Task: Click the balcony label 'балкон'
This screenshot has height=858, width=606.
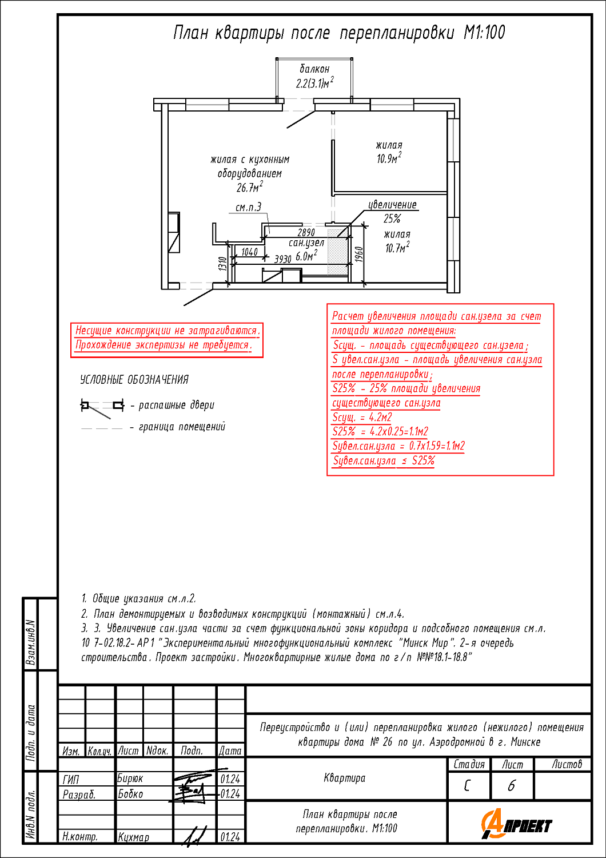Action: (x=314, y=69)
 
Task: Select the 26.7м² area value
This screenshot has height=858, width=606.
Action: (x=250, y=187)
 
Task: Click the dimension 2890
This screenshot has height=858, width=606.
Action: (x=306, y=232)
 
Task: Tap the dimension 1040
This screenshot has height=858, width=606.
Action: (x=249, y=252)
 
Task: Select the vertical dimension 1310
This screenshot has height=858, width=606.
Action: (x=222, y=264)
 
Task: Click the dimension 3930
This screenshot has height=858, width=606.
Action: (x=283, y=259)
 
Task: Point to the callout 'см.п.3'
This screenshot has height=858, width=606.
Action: (x=249, y=207)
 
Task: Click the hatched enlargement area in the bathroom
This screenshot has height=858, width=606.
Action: (x=337, y=252)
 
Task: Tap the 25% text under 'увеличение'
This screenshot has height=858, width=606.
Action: (x=392, y=219)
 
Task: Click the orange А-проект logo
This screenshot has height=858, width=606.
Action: (x=516, y=825)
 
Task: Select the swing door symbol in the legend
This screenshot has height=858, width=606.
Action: (x=102, y=406)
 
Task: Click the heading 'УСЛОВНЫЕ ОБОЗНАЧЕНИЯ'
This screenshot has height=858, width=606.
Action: (x=134, y=380)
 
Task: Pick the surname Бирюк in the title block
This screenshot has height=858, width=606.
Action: (x=130, y=778)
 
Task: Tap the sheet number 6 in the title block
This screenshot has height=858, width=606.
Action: (x=511, y=786)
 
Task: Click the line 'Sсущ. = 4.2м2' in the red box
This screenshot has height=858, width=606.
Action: (x=362, y=418)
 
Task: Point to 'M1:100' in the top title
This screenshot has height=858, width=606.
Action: (x=484, y=33)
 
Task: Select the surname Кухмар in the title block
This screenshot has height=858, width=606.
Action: (x=134, y=837)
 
